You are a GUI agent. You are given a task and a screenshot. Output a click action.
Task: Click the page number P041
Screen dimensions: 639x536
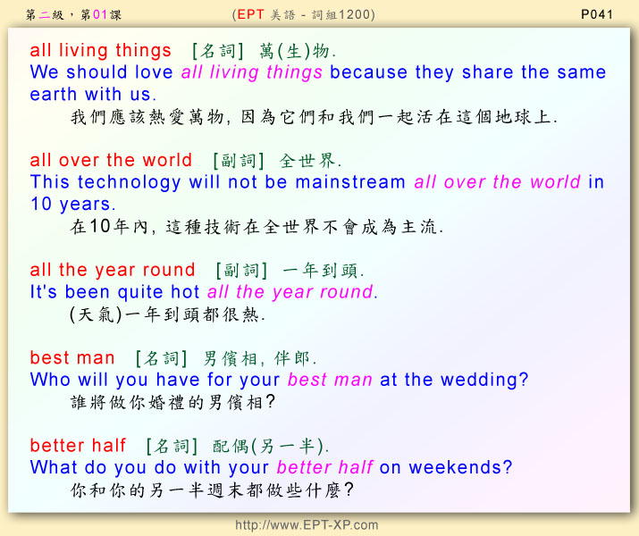(x=597, y=14)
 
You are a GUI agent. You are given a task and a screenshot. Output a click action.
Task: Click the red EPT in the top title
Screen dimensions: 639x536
(x=250, y=14)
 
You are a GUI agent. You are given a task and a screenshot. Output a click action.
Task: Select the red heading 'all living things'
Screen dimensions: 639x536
(x=100, y=51)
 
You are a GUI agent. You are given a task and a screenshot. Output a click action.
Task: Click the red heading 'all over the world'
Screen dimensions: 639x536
(x=111, y=160)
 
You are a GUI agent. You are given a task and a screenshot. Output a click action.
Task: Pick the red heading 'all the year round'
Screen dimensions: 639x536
(x=113, y=270)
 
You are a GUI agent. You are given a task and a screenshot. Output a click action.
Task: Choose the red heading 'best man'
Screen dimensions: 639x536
(x=72, y=357)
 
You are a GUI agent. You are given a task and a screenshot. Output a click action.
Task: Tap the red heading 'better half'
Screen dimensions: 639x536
(x=78, y=445)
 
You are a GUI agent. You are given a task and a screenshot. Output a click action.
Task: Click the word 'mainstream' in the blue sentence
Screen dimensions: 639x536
(x=350, y=182)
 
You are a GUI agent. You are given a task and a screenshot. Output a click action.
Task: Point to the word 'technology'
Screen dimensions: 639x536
(x=130, y=183)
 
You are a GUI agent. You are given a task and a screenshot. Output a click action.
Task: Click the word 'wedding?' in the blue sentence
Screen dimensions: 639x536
(x=484, y=380)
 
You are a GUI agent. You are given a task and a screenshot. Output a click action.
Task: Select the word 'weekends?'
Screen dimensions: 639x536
(x=460, y=467)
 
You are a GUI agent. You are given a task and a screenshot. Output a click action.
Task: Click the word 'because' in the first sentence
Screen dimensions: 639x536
(x=368, y=72)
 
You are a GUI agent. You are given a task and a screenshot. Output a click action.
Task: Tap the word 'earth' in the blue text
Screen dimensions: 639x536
(x=54, y=94)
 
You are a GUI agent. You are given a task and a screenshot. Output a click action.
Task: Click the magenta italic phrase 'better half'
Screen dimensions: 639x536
(x=324, y=467)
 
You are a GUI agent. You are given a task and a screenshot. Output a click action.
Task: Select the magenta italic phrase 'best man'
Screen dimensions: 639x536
(x=330, y=380)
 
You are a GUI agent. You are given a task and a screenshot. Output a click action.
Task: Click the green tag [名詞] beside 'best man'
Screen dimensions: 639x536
(x=162, y=358)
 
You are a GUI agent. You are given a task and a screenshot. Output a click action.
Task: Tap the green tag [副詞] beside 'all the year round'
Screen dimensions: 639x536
(x=241, y=271)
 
